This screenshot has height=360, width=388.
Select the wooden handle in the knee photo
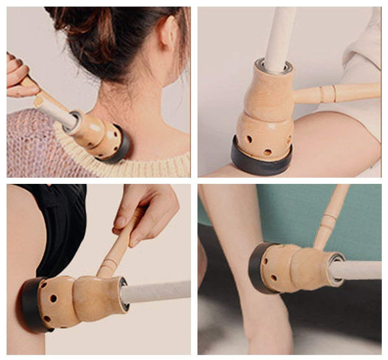(339, 93)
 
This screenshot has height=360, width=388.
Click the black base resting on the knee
(261, 163)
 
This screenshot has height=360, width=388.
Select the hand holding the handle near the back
(145, 209)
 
